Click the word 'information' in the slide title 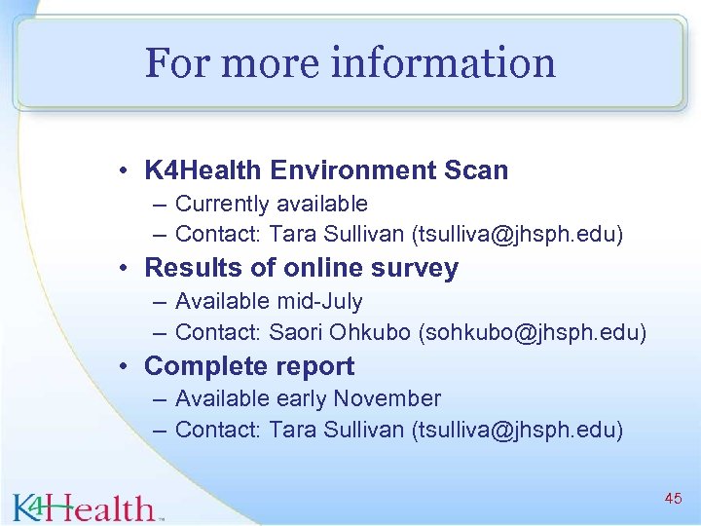click(x=443, y=63)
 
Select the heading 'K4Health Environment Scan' click(x=326, y=170)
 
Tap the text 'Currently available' click(x=271, y=204)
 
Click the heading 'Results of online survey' click(x=301, y=268)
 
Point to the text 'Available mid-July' click(x=269, y=302)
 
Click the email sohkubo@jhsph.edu click(x=532, y=332)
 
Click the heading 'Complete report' click(x=249, y=366)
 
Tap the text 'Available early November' click(x=308, y=398)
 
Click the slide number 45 click(x=673, y=499)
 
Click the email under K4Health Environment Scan click(x=518, y=235)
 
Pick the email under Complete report click(x=518, y=430)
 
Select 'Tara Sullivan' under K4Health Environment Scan click(x=336, y=235)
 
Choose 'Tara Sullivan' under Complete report click(x=336, y=430)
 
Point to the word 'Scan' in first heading click(x=477, y=170)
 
